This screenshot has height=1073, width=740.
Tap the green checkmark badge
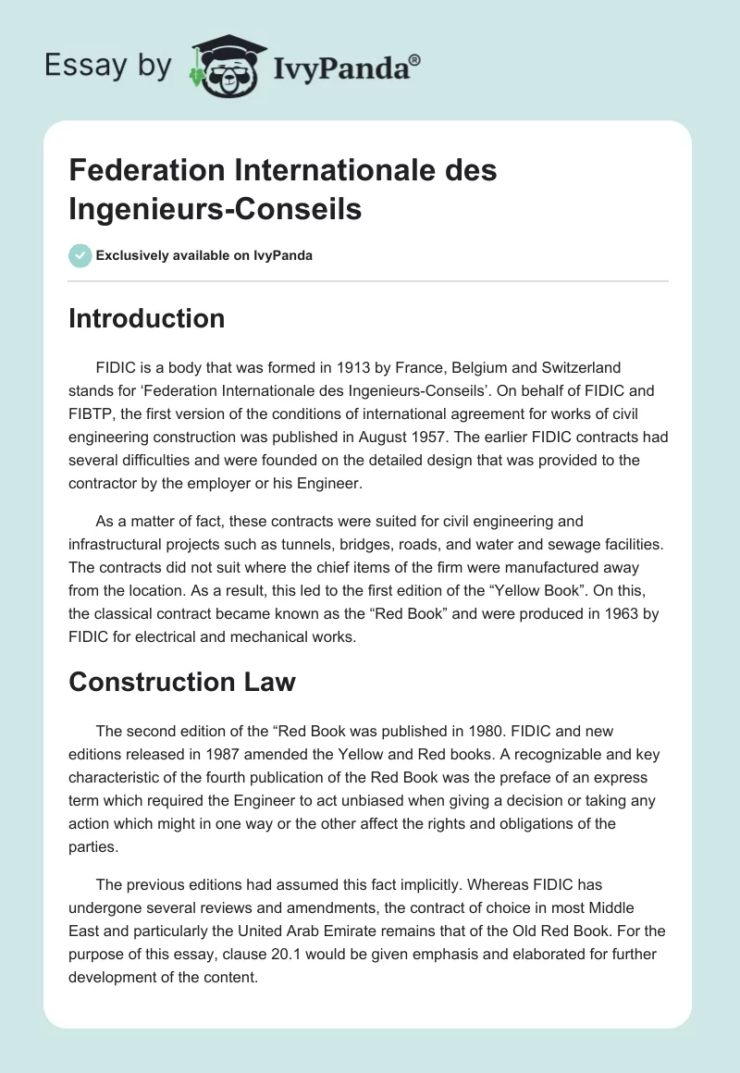[x=80, y=255]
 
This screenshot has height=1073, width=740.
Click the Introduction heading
[x=147, y=318]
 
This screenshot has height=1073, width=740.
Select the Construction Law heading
[x=182, y=682]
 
